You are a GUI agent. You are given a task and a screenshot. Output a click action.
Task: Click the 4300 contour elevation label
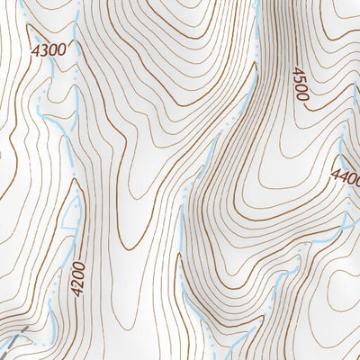[49, 49]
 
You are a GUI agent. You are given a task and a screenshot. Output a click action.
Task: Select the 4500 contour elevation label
[299, 83]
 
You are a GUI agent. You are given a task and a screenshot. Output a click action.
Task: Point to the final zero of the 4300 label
[62, 48]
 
